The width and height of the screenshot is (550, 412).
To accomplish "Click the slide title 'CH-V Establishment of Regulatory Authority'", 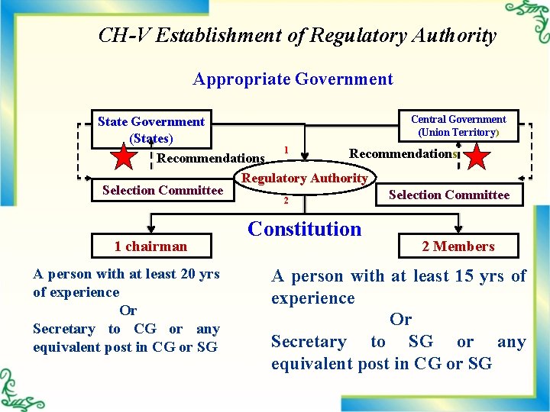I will coord(297,35).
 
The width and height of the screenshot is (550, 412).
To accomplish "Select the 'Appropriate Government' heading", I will coord(293,79).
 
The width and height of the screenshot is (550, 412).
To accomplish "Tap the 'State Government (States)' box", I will coord(151,130).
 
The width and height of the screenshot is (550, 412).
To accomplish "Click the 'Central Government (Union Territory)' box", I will coord(458,125).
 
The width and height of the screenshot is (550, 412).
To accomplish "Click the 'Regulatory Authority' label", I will coord(305,178).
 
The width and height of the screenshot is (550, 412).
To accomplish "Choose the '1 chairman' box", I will coord(150,246).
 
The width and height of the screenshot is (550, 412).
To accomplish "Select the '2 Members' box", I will coord(458,246).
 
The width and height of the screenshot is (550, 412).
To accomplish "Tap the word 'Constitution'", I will coord(305,228).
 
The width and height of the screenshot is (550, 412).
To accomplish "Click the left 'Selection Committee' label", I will coord(163,190).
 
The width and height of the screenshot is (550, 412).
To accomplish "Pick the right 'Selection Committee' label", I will coord(449,195).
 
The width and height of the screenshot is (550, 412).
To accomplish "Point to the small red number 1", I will coord(286,149).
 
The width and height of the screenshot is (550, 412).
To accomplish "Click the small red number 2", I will coord(286,201).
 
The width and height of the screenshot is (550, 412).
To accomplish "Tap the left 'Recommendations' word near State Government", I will coord(211,159).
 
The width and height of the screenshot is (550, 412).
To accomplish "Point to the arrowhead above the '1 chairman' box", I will coord(150,228).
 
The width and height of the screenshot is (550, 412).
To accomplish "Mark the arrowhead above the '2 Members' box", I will coord(458,228).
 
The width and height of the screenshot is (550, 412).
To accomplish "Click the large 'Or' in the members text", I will coord(400,320).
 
